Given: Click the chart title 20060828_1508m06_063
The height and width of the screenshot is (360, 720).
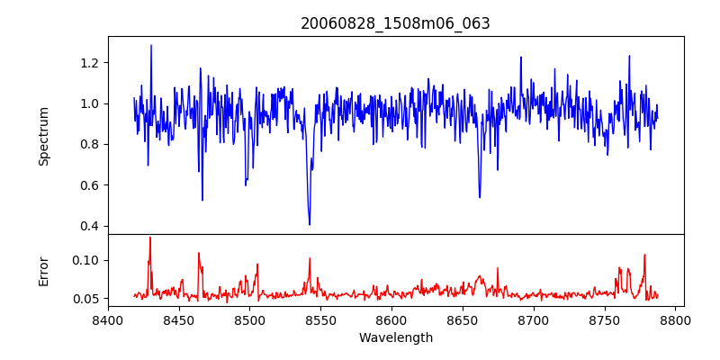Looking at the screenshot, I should click(x=395, y=23).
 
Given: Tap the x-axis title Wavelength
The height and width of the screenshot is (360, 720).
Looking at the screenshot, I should click(x=395, y=337).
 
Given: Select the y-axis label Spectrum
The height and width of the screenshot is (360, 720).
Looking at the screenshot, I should click(x=43, y=136).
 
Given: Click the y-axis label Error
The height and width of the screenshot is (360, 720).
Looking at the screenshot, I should click(x=43, y=271).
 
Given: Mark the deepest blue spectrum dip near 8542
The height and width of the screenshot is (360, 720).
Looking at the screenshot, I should click(x=310, y=224).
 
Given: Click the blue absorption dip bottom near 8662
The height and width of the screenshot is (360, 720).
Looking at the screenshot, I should click(x=480, y=197).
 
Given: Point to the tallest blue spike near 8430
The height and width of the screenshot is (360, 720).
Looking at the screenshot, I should click(x=151, y=45).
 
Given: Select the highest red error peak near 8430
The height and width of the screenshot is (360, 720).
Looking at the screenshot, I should click(x=150, y=238).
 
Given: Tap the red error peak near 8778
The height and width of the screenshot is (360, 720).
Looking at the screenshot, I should click(x=644, y=255).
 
